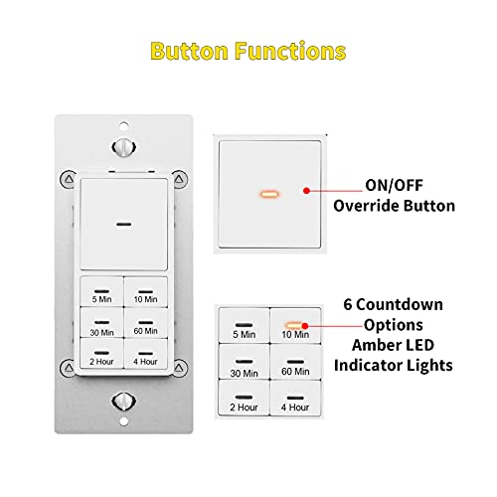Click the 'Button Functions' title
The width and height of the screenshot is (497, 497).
pos(248,50)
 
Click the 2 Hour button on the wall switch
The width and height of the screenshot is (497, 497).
pos(100,356)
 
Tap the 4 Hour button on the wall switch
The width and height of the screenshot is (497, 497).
pos(144,356)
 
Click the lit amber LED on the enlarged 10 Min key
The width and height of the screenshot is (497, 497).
pos(292,324)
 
